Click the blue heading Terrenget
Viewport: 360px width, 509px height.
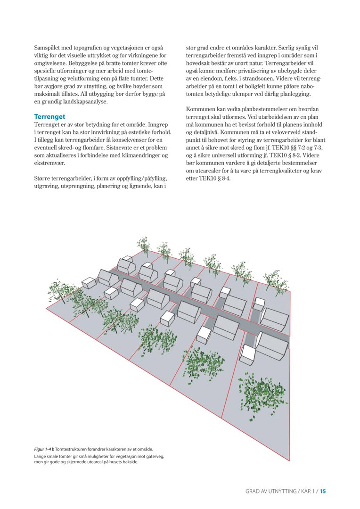pyautogui.click(x=49, y=116)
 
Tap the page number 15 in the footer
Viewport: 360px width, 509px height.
pyautogui.click(x=323, y=491)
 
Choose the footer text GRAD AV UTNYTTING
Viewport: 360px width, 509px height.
pyautogui.click(x=270, y=491)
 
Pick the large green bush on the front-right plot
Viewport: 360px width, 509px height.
pyautogui.click(x=258, y=390)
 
